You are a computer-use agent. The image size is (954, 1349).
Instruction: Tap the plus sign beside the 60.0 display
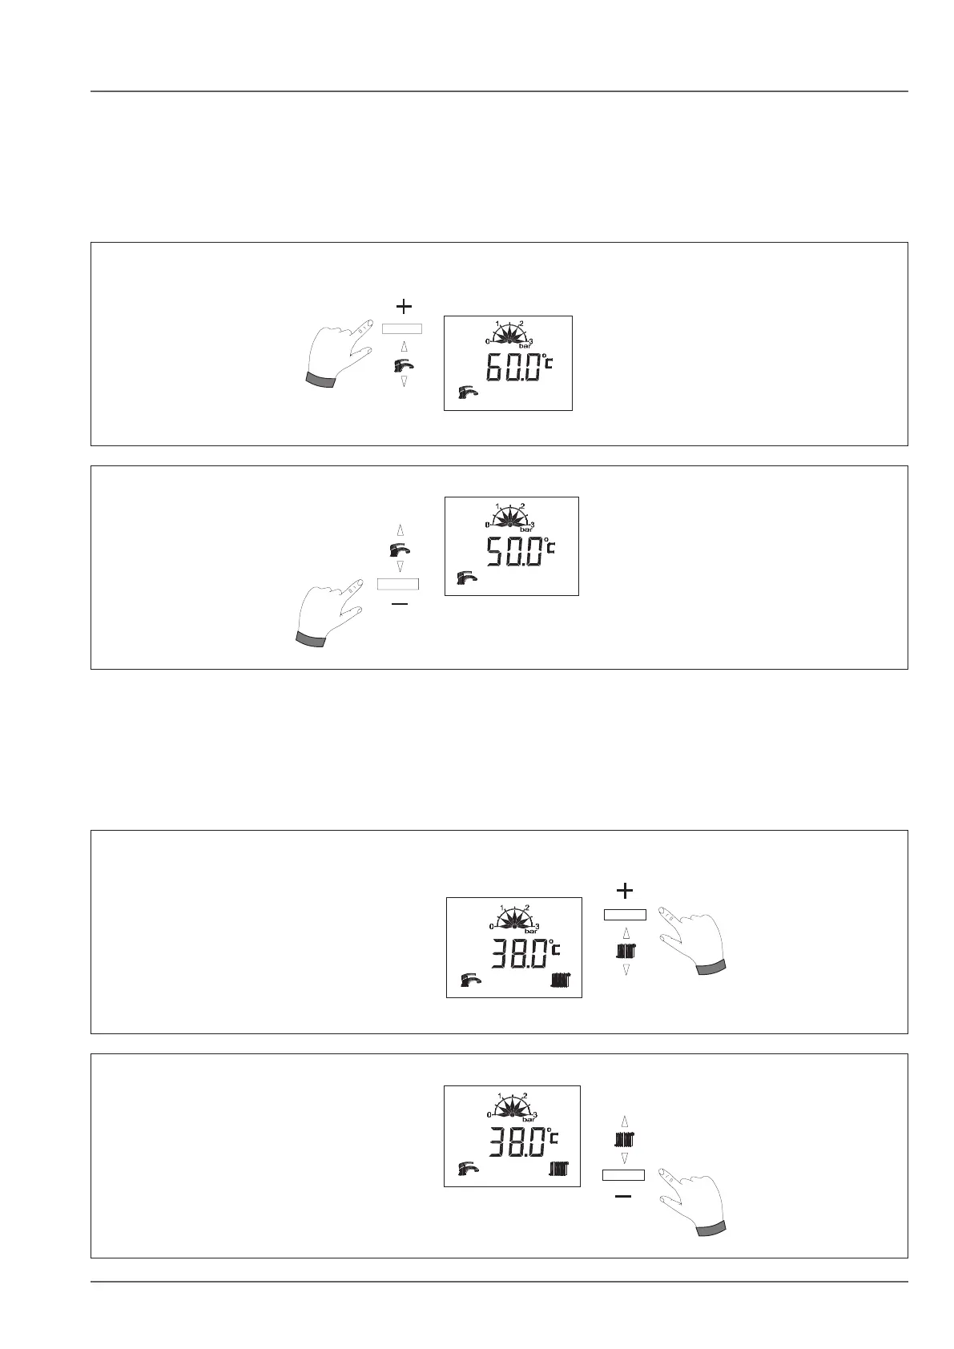pos(405,305)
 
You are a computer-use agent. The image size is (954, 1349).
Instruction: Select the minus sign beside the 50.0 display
pos(399,604)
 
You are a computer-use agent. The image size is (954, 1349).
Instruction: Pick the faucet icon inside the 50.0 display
pos(466,576)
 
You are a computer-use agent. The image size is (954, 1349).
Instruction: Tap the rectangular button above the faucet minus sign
pos(398,583)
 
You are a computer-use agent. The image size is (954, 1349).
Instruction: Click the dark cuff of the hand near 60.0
pos(320,380)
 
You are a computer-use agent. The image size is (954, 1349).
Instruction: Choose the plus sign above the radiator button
pos(624,890)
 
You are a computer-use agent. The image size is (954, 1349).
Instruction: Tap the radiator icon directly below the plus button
pos(626,952)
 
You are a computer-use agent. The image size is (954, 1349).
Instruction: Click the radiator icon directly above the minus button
pos(624,1138)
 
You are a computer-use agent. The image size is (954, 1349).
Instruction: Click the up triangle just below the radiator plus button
pos(626,933)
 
